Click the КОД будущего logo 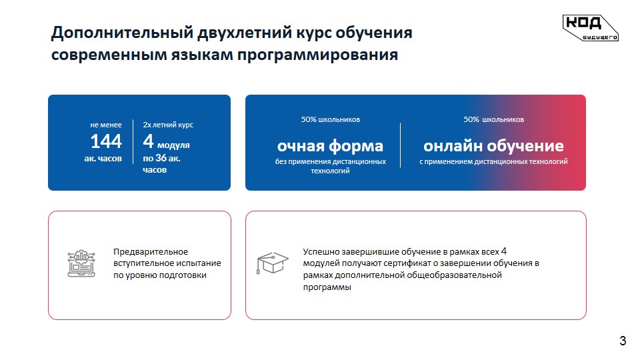click(590, 28)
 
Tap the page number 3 click(623, 341)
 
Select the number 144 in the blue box click(106, 141)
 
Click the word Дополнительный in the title click(121, 33)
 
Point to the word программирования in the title click(317, 55)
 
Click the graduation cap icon click(272, 263)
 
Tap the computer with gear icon click(81, 263)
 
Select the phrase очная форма click(330, 146)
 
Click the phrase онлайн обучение click(493, 146)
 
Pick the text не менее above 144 click(106, 125)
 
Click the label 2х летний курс click(168, 125)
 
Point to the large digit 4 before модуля click(148, 141)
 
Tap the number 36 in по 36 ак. click(161, 157)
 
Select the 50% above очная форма click(309, 119)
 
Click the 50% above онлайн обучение click(471, 119)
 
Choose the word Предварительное click(151, 252)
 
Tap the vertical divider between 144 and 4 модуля click(133, 141)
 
